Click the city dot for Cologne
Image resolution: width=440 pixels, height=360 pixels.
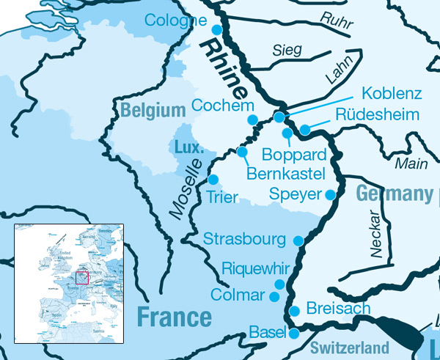(x=216, y=29)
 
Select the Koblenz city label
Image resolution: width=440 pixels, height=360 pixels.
(x=392, y=95)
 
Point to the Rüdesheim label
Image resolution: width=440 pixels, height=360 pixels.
(x=377, y=115)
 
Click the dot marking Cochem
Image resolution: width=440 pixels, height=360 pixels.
(x=252, y=120)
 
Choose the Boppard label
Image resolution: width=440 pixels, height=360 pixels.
(x=294, y=155)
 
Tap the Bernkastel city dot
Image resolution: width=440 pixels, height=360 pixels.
(x=242, y=152)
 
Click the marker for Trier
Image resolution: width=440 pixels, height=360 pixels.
(x=213, y=179)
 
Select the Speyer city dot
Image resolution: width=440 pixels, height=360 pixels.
(x=330, y=194)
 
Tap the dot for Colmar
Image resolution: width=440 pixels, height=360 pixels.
(x=274, y=297)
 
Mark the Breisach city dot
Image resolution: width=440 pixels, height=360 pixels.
(x=294, y=311)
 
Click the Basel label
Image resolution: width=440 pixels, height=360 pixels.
(x=267, y=332)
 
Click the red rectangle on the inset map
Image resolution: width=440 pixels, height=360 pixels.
(x=81, y=278)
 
